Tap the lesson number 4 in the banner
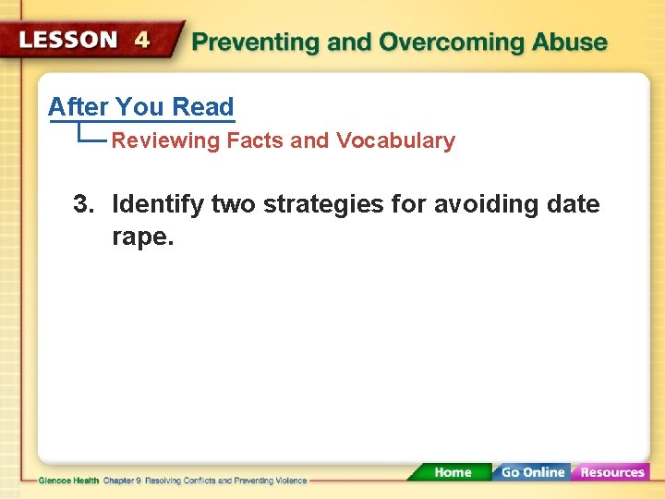[x=141, y=41]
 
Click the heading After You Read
[x=140, y=107]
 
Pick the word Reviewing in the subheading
[x=165, y=141]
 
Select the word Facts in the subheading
[x=256, y=141]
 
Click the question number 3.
[x=83, y=204]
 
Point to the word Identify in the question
[x=158, y=204]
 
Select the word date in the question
[x=573, y=204]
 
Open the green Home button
[x=453, y=472]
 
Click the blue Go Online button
[x=532, y=472]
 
